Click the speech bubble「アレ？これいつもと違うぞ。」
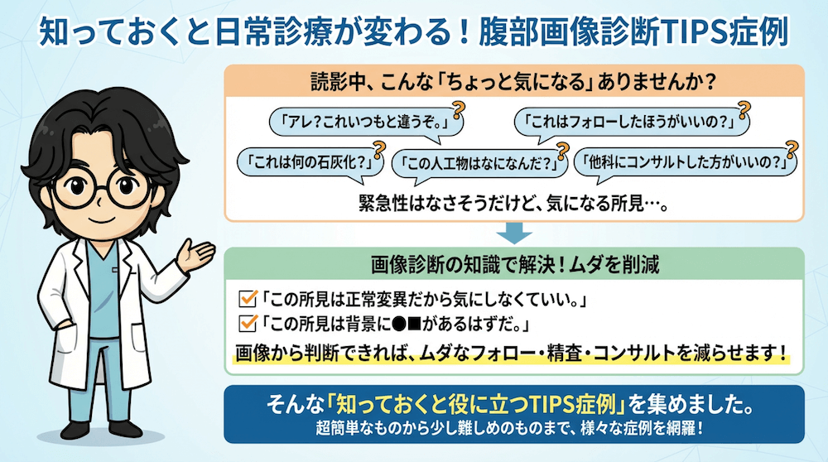coord(366,123)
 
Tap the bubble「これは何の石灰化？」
coord(310,162)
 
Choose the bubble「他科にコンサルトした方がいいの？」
coord(685,162)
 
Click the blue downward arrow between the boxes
coord(514,233)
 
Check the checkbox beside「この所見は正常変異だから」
coord(248,298)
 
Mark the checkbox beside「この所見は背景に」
coord(248,323)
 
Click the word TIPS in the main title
coord(693,33)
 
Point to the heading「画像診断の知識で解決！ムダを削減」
coord(515,264)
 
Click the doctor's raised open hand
coord(195,254)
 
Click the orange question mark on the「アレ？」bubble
coord(459,110)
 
